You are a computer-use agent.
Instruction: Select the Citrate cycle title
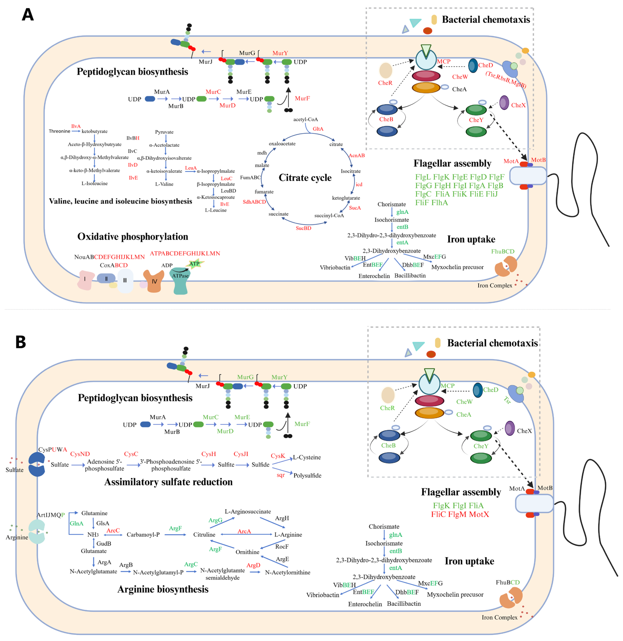tap(305, 178)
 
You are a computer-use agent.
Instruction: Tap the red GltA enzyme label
tap(318, 129)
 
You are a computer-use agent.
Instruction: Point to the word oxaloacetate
tap(282, 144)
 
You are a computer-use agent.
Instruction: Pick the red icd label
tap(359, 185)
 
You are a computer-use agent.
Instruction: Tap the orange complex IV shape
tap(154, 281)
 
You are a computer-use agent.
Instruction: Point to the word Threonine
tap(59, 131)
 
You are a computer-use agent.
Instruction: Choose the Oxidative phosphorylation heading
tap(132, 237)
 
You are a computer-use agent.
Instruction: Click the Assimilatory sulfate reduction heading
tap(168, 482)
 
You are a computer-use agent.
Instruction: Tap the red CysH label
tap(208, 454)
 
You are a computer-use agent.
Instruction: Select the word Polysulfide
tap(307, 475)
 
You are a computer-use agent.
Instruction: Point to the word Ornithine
tap(247, 552)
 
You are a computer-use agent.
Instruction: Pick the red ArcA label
tap(244, 531)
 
